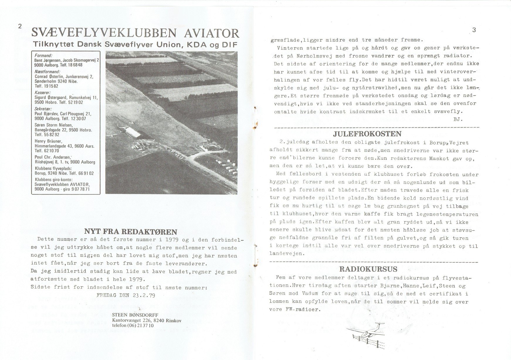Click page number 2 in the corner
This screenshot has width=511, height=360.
click(20, 26)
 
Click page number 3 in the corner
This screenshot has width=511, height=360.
click(474, 30)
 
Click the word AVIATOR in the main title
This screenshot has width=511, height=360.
click(211, 34)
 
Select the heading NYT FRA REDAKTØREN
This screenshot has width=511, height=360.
click(131, 232)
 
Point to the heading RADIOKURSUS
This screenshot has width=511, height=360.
click(368, 269)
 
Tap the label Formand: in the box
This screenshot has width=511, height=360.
click(43, 55)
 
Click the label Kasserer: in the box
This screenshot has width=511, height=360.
click(43, 92)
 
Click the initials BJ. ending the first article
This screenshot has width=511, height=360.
click(458, 119)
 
